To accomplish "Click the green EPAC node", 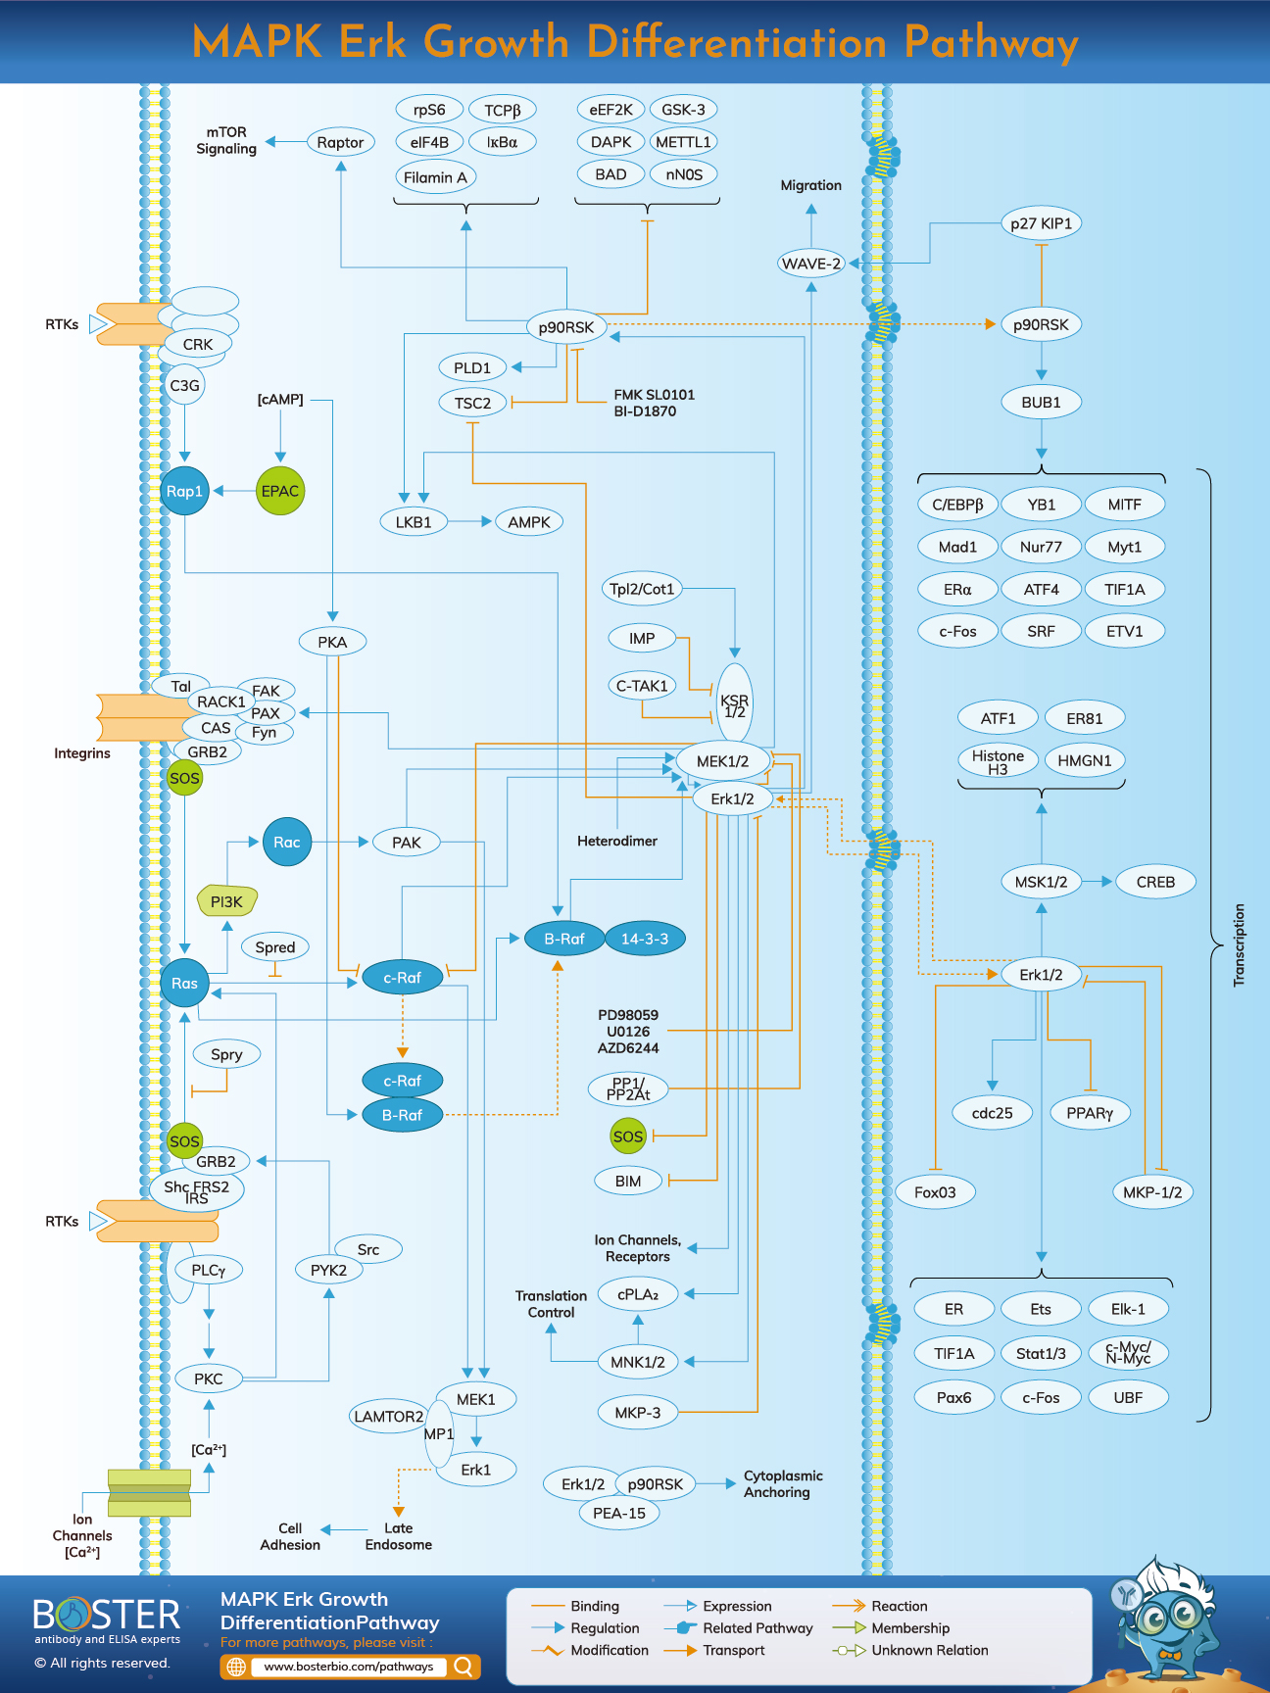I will [x=280, y=491].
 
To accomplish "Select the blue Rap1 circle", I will [x=184, y=491].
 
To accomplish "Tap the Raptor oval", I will [x=340, y=142].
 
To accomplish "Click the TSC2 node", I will [x=472, y=403].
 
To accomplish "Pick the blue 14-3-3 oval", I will [x=645, y=939].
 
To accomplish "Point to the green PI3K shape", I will [x=226, y=901].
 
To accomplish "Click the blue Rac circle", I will [x=287, y=842].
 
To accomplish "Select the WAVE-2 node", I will [x=811, y=264].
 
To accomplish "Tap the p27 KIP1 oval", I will [x=1041, y=223].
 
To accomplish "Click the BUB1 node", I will [x=1041, y=402].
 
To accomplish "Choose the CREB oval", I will [x=1155, y=882].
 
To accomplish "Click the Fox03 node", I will [x=935, y=1192].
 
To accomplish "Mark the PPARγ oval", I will [x=1090, y=1113].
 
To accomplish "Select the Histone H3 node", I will [x=998, y=761].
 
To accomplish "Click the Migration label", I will [x=810, y=185].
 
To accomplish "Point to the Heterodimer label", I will [x=617, y=841].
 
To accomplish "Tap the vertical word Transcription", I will [x=1239, y=944].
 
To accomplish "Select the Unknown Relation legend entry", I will [x=929, y=1650].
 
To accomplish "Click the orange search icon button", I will [x=464, y=1667].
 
